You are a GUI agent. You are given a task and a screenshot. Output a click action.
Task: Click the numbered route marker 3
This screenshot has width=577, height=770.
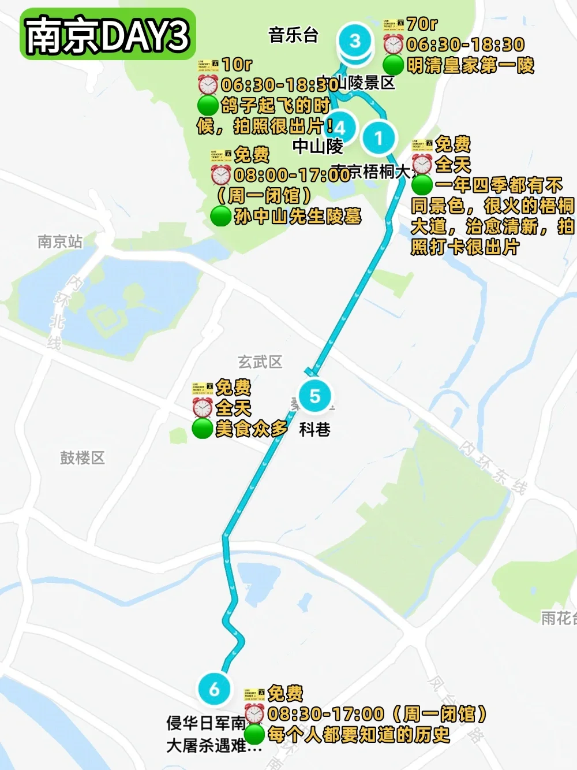pyautogui.click(x=354, y=41)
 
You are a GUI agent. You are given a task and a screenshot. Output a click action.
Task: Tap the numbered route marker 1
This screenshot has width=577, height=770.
pyautogui.click(x=378, y=138)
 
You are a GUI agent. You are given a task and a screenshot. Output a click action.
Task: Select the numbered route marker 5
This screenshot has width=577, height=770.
pyautogui.click(x=314, y=396)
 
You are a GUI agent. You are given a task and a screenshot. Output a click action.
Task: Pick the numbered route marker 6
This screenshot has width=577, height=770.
pyautogui.click(x=214, y=689)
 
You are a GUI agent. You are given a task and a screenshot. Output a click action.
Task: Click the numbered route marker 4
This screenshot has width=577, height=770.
pyautogui.click(x=340, y=127)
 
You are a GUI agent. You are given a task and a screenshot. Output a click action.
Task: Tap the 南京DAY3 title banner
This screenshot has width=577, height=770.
pyautogui.click(x=108, y=35)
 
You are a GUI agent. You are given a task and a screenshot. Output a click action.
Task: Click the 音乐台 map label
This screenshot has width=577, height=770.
pyautogui.click(x=293, y=35)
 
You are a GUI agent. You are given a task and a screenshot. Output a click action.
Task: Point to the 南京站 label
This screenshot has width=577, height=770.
pyautogui.click(x=60, y=241)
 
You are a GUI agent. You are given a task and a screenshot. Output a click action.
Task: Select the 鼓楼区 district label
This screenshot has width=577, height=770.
pyautogui.click(x=83, y=458)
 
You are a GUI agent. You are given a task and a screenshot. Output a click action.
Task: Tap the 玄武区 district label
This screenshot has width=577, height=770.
pyautogui.click(x=260, y=362)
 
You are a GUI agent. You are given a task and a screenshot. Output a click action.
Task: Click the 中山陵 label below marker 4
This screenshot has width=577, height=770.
pyautogui.click(x=317, y=147)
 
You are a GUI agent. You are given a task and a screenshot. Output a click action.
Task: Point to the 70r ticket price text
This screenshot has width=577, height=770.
pyautogui.click(x=422, y=24)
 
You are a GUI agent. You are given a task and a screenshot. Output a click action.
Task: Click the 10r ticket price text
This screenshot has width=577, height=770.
pyautogui.click(x=237, y=64)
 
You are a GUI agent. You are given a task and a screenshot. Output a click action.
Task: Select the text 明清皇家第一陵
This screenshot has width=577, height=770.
pyautogui.click(x=471, y=65)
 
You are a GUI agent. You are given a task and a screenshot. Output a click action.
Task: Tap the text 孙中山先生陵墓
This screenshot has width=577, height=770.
pyautogui.click(x=298, y=216)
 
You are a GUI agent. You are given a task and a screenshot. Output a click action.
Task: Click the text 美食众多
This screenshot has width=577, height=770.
pyautogui.click(x=252, y=429)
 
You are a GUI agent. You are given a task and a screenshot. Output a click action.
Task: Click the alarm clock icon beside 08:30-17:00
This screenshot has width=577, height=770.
pyautogui.click(x=254, y=714)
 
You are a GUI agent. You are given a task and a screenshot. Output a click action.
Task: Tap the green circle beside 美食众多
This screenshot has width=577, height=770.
pyautogui.click(x=202, y=429)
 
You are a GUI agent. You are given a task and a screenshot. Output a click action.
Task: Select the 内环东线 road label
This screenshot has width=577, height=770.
pyautogui.click(x=493, y=468)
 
